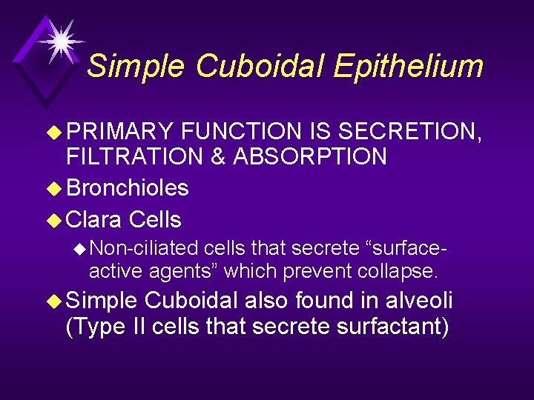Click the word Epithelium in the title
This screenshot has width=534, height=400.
pos(408,67)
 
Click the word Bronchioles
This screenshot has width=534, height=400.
pos(128,188)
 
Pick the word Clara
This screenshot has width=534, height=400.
pos(95,220)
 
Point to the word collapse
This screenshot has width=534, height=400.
pos(401,271)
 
